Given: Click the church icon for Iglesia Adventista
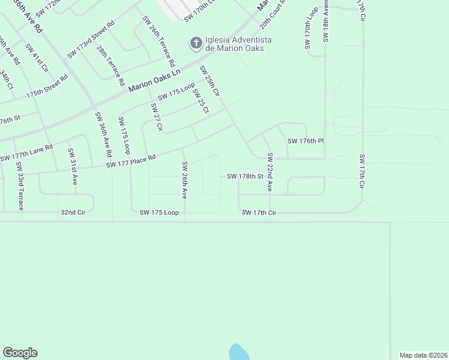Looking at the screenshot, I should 195,43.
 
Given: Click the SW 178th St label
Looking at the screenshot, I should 246,176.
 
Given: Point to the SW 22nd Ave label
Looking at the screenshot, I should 271,172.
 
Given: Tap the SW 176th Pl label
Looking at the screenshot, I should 306,141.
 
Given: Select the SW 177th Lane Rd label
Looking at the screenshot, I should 27,153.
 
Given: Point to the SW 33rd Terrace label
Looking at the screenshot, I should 20,186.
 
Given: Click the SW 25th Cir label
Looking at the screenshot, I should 210,81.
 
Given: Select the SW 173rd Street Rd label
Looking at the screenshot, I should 91,40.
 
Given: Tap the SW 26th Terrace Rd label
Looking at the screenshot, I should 158,41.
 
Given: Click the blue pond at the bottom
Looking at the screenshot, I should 238,352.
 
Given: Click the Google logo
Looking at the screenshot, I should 20,353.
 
